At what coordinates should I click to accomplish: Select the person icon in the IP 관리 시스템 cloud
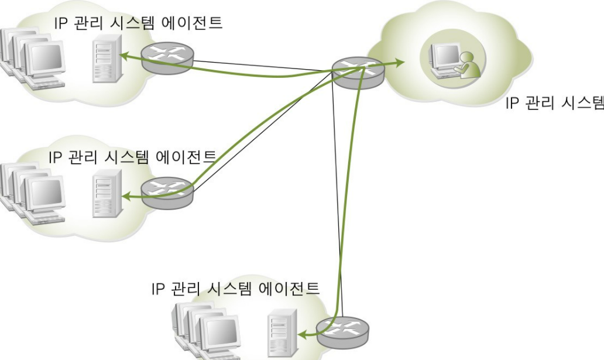pyautogui.click(x=468, y=63)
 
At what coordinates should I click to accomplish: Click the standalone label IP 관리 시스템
pyautogui.click(x=554, y=104)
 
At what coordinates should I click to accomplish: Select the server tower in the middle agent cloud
pyautogui.click(x=105, y=194)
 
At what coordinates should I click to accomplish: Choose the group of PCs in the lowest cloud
pyautogui.click(x=205, y=331)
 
